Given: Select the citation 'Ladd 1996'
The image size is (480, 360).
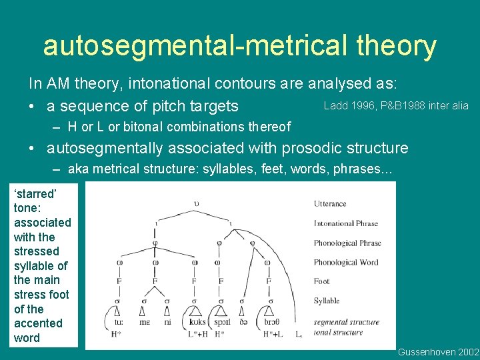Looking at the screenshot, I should pyautogui.click(x=347, y=105).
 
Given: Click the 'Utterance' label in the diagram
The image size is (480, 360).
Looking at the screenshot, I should pyautogui.click(x=331, y=204).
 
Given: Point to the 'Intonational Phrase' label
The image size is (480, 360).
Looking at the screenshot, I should pyautogui.click(x=345, y=224).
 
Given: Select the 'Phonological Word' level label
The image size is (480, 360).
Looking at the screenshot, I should pyautogui.click(x=345, y=262).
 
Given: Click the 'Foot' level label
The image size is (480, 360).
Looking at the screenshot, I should pyautogui.click(x=321, y=281).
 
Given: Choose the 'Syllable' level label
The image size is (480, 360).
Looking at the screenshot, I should pyautogui.click(x=327, y=301).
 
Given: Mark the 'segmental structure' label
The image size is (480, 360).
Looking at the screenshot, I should pyautogui.click(x=346, y=322).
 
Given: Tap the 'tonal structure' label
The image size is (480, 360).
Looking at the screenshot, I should pyautogui.click(x=338, y=332).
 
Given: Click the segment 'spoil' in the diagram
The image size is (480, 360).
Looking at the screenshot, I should pyautogui.click(x=222, y=322).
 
